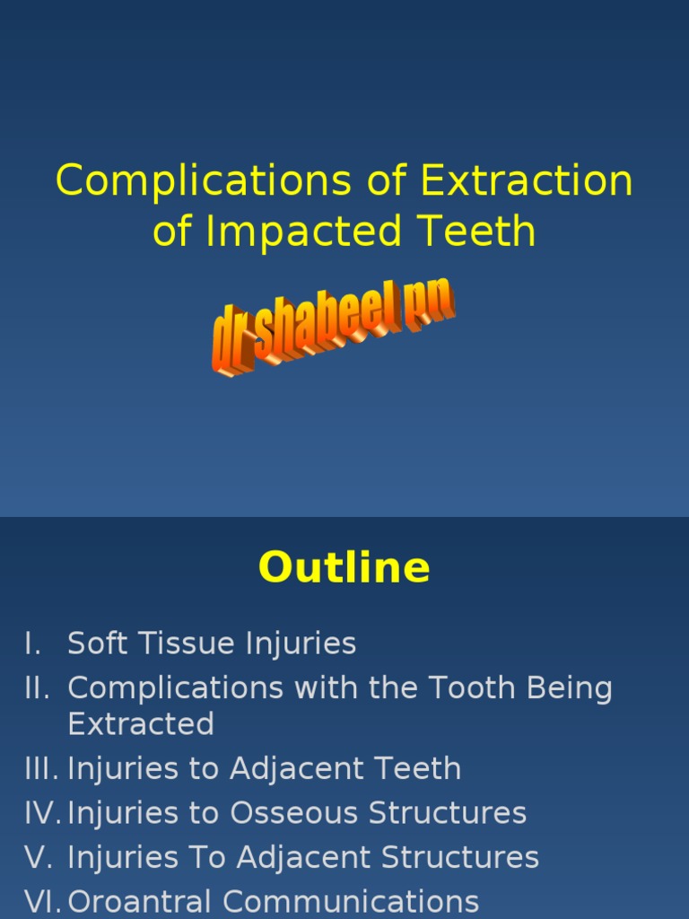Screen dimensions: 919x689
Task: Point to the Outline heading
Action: pos(344,567)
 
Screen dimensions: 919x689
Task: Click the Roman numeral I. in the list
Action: pos(33,643)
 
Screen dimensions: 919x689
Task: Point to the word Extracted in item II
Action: pos(141,723)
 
